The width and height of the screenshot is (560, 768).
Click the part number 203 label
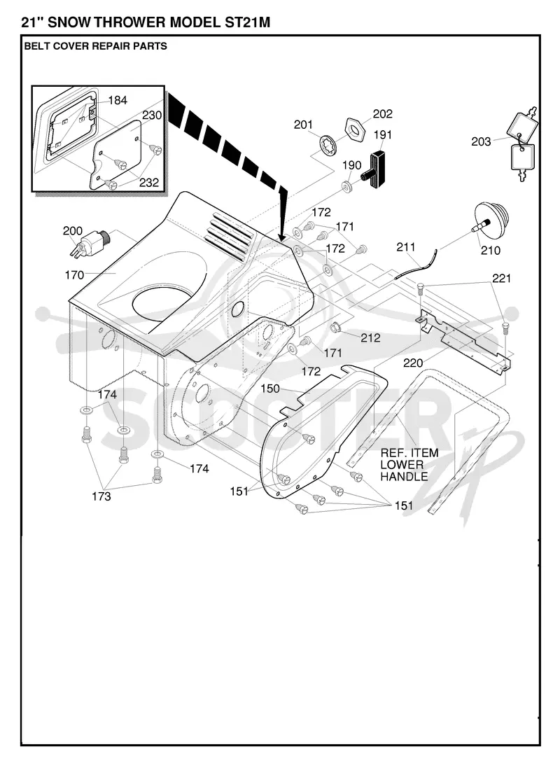481,141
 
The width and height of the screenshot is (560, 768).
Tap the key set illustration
521,144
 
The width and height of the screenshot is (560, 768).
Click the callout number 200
73,231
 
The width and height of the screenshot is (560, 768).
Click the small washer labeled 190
347,187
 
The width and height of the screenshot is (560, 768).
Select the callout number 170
74,275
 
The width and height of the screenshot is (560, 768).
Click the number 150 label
270,389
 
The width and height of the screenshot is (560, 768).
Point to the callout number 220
413,363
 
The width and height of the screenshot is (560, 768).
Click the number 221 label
501,278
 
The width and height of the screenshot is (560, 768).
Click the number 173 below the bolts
101,496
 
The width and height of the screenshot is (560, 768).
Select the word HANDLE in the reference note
404,476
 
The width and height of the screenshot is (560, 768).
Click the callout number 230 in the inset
152,116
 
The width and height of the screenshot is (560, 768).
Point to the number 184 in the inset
118,100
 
